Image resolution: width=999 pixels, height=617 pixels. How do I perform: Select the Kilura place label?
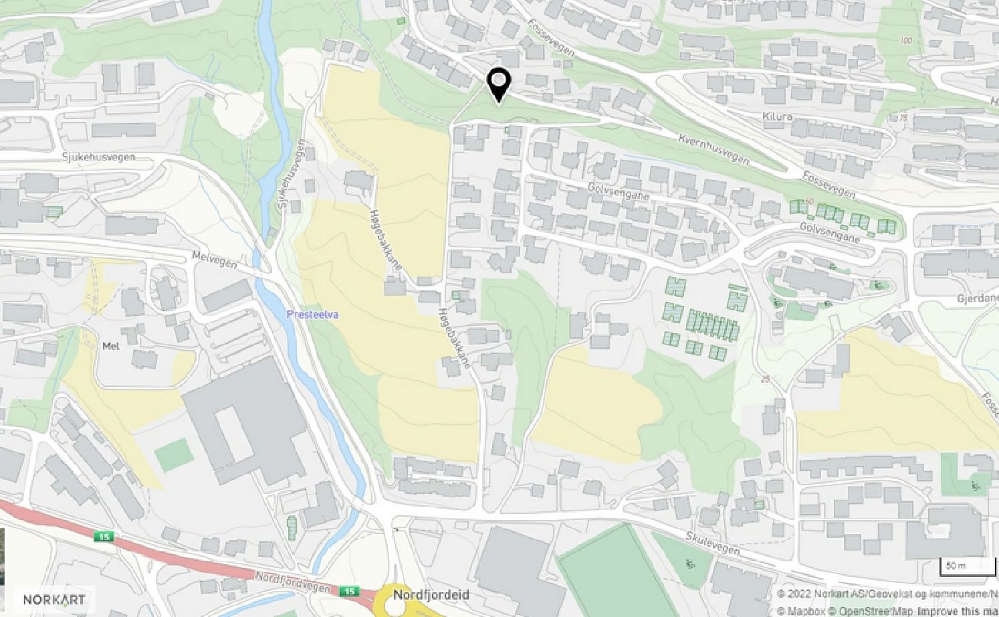click(777, 116)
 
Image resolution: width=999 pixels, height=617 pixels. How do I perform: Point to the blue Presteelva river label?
click(305, 313)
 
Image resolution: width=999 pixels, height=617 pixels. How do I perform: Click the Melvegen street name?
click(214, 260)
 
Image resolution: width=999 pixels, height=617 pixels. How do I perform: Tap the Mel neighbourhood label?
click(110, 346)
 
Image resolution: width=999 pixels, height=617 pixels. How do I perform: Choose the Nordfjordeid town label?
click(431, 595)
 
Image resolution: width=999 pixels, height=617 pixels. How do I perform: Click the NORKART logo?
click(55, 599)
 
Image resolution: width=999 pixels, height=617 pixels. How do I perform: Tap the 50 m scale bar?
click(967, 566)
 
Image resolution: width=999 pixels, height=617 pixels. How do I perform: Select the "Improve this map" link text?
click(958, 610)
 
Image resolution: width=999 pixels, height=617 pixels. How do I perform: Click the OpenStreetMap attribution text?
click(873, 610)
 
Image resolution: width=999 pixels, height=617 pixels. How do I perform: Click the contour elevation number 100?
click(906, 41)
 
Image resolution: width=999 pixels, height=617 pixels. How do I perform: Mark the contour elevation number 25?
click(765, 379)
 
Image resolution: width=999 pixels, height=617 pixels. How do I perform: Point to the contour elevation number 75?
click(903, 118)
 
